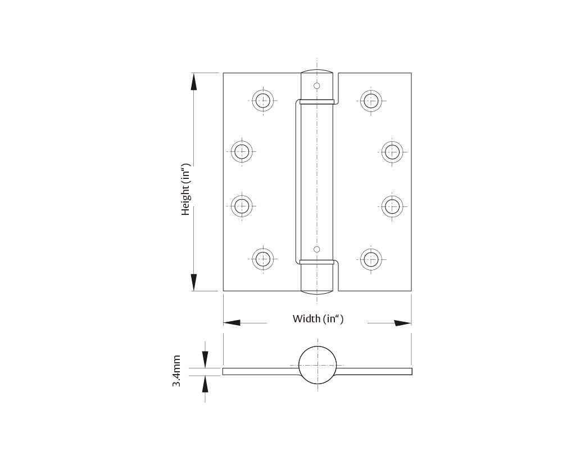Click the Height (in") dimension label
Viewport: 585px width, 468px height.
186,190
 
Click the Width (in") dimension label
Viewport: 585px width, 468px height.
318,319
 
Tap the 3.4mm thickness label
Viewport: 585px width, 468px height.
176,371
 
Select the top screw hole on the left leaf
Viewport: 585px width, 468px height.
262,101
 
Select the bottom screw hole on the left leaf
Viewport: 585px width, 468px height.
262,259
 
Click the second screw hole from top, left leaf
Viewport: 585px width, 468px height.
242,151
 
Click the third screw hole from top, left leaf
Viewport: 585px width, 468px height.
242,205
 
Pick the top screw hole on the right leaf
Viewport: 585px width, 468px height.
370,101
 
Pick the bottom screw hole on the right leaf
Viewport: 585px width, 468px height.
370,259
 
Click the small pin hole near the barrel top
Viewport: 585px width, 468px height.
317,86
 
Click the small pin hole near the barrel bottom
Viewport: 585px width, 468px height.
317,249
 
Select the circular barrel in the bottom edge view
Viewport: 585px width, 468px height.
318,364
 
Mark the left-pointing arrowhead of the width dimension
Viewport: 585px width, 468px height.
232,323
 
